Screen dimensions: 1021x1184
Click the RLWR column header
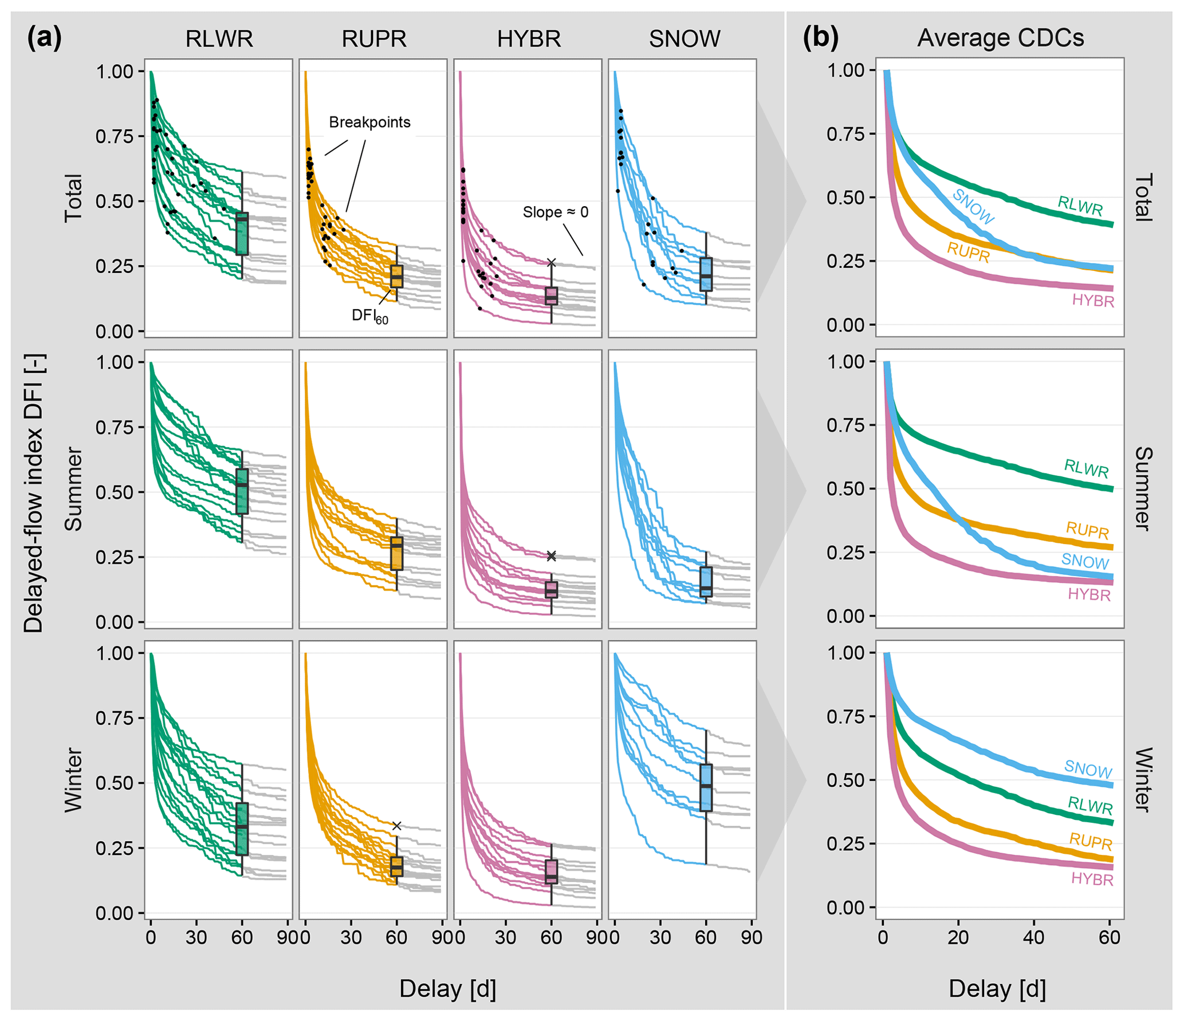[x=219, y=39]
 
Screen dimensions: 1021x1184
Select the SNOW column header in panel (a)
[x=685, y=39]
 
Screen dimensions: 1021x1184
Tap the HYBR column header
[x=529, y=39]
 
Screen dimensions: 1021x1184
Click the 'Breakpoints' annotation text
[x=369, y=122]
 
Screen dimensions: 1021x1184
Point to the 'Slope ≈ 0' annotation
[x=555, y=212]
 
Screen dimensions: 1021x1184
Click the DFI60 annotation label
[x=369, y=316]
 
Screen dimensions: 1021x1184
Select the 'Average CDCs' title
[x=1000, y=38]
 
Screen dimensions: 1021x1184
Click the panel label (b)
[x=820, y=38]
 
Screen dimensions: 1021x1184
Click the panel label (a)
[x=44, y=38]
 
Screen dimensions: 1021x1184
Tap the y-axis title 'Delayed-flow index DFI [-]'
[x=34, y=493]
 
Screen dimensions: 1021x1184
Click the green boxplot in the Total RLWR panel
[x=242, y=233]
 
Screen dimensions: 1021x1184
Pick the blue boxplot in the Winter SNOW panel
[x=706, y=787]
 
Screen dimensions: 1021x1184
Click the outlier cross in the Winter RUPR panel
[x=396, y=826]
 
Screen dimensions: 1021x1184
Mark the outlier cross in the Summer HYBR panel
[x=551, y=556]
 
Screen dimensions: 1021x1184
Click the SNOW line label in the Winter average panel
[x=1088, y=769]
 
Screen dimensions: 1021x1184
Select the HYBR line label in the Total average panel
[x=1093, y=301]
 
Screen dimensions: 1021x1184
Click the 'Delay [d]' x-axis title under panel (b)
[x=997, y=989]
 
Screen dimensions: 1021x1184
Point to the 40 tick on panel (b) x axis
[x=1033, y=937]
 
